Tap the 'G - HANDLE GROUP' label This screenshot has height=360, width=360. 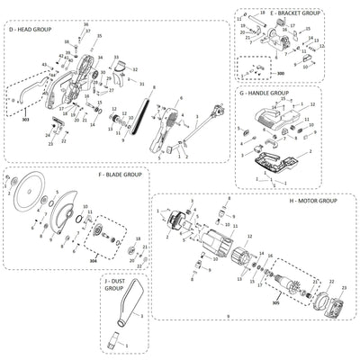(x=264, y=93)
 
